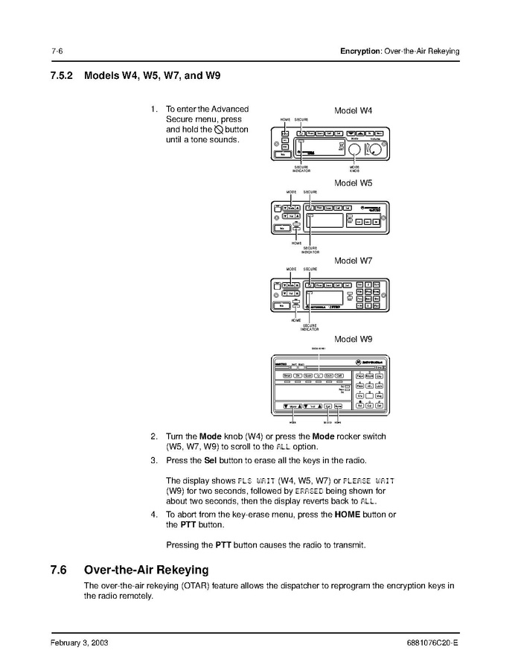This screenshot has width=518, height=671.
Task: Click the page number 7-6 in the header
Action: pos(56,51)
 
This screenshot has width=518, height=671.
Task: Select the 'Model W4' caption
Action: pos(353,111)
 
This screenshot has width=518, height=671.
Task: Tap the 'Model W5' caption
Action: pos(353,182)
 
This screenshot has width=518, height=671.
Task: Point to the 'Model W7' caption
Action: pos(353,261)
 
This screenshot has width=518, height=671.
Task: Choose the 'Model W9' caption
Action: pos(353,339)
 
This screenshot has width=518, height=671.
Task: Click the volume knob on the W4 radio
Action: pos(377,150)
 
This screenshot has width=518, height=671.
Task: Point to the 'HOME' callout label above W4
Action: pos(285,120)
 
